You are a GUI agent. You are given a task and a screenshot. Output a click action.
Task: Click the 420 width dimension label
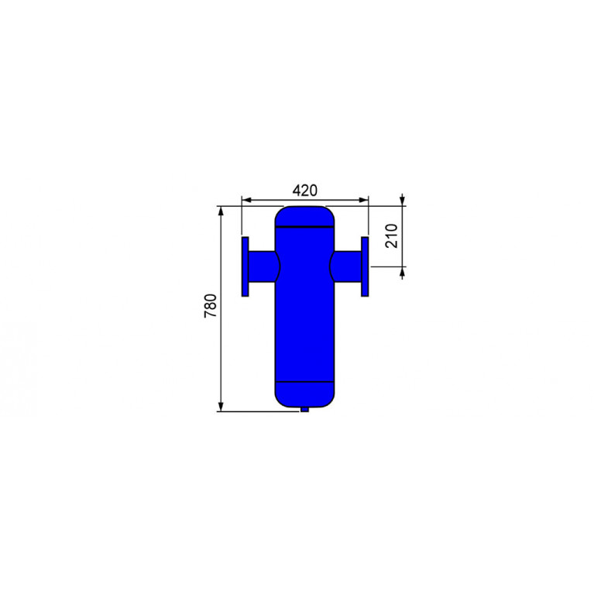click(x=304, y=191)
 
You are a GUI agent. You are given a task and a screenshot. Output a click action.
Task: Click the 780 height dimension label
click(x=211, y=306)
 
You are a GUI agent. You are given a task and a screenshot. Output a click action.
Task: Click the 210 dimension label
click(x=392, y=236)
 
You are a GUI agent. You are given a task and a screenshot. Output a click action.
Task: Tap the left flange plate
click(x=245, y=266)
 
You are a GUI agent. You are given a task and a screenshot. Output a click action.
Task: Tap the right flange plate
click(x=365, y=266)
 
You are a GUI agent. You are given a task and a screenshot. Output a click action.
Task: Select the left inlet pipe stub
click(x=263, y=266)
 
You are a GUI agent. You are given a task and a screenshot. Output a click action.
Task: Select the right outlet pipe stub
click(x=346, y=266)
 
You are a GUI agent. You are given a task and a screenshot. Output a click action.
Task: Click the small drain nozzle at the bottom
click(x=304, y=409)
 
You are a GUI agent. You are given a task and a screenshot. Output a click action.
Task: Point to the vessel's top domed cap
click(x=304, y=216)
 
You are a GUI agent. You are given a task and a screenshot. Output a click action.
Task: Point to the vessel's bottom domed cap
click(x=304, y=395)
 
